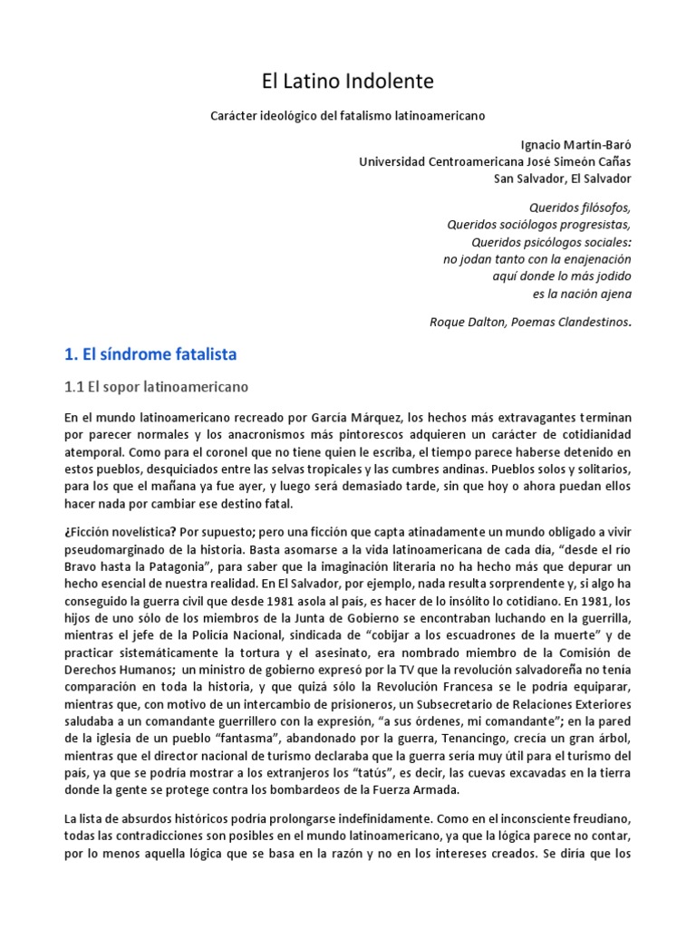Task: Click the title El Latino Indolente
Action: pyautogui.click(x=348, y=82)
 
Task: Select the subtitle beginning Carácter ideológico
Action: pyautogui.click(x=348, y=117)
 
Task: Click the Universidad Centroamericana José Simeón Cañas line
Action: pyautogui.click(x=496, y=161)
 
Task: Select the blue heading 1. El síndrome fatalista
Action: pyautogui.click(x=150, y=353)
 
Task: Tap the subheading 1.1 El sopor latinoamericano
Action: pyautogui.click(x=156, y=387)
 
